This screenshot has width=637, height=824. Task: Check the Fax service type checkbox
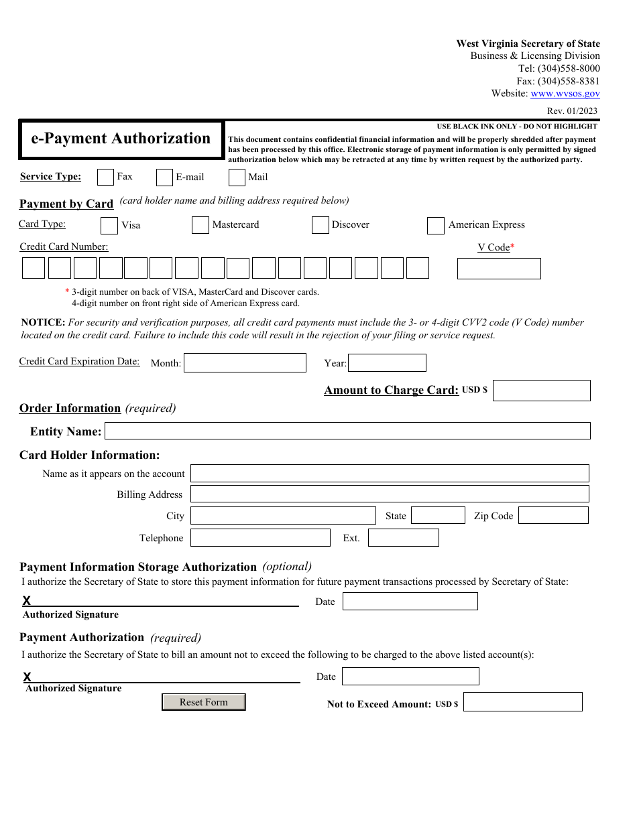(x=105, y=177)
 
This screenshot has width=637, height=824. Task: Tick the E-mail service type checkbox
(x=164, y=178)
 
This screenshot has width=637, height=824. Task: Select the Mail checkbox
(x=237, y=178)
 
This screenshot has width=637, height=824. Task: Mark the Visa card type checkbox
(x=109, y=226)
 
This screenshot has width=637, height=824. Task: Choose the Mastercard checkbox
(x=200, y=225)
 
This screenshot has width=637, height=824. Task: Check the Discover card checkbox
(x=320, y=225)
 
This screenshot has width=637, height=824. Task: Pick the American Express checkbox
(x=435, y=226)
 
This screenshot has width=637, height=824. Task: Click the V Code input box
(x=499, y=269)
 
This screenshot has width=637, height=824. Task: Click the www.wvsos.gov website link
(x=565, y=94)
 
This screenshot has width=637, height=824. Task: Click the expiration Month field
(x=245, y=363)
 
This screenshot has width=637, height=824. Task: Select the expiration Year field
(x=387, y=363)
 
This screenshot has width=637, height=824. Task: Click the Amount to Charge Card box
(x=541, y=391)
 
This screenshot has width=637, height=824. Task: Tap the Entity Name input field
(x=347, y=431)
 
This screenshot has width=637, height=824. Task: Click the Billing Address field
(x=390, y=494)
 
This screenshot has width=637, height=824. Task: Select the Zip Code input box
(x=553, y=515)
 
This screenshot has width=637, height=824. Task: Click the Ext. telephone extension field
(x=403, y=538)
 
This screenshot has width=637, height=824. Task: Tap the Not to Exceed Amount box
(x=522, y=702)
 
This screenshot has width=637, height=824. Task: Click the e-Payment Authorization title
(x=121, y=139)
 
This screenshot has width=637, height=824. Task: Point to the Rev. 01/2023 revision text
(x=572, y=111)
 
